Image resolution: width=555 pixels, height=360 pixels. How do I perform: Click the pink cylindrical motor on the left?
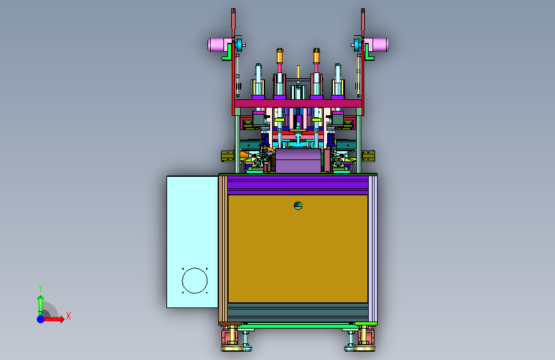[x=220, y=45]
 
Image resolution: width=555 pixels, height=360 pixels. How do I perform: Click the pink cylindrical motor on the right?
[x=376, y=45]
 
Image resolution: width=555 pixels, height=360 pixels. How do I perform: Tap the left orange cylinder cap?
[x=280, y=56]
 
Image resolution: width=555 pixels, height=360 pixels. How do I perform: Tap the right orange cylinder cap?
[x=316, y=56]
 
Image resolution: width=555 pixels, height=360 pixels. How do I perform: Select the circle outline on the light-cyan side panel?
[x=195, y=281]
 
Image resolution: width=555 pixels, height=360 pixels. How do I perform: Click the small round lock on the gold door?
[x=298, y=206]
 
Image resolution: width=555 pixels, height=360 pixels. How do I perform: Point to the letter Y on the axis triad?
[x=40, y=288]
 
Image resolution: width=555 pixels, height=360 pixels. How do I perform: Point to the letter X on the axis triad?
[x=68, y=316]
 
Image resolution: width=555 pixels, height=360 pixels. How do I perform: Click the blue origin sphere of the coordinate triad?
[x=41, y=319]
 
